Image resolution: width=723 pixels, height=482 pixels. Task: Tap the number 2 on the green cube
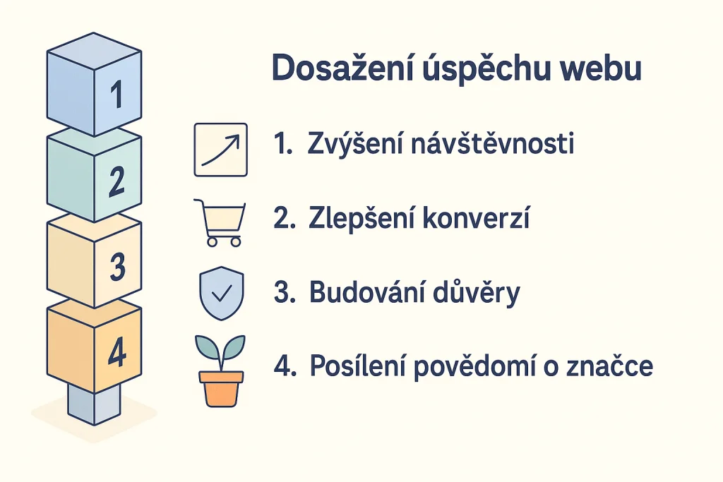tap(117, 181)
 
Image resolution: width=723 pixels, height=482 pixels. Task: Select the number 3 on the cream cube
tap(118, 267)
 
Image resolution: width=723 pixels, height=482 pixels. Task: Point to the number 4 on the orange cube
tap(117, 353)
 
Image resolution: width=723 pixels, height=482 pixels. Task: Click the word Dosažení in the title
tap(328, 71)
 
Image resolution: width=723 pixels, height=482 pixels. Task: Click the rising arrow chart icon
tap(220, 149)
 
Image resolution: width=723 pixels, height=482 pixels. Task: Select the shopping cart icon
tap(220, 223)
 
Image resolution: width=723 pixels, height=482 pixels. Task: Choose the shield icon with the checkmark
tap(220, 293)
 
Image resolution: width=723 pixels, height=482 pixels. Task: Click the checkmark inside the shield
tap(220, 291)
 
